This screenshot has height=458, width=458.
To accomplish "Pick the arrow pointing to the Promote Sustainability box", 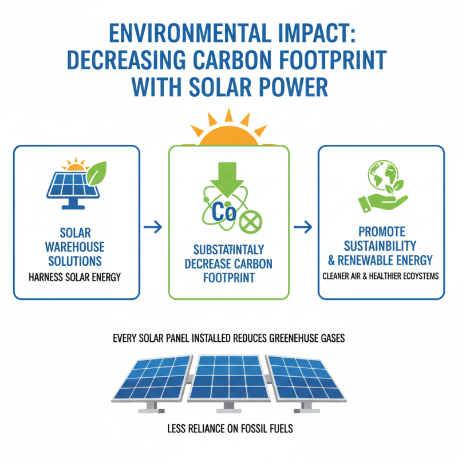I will (x=303, y=227).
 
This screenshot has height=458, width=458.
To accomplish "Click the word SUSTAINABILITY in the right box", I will (x=382, y=246).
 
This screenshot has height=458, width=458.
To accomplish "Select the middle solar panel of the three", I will (x=229, y=378).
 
